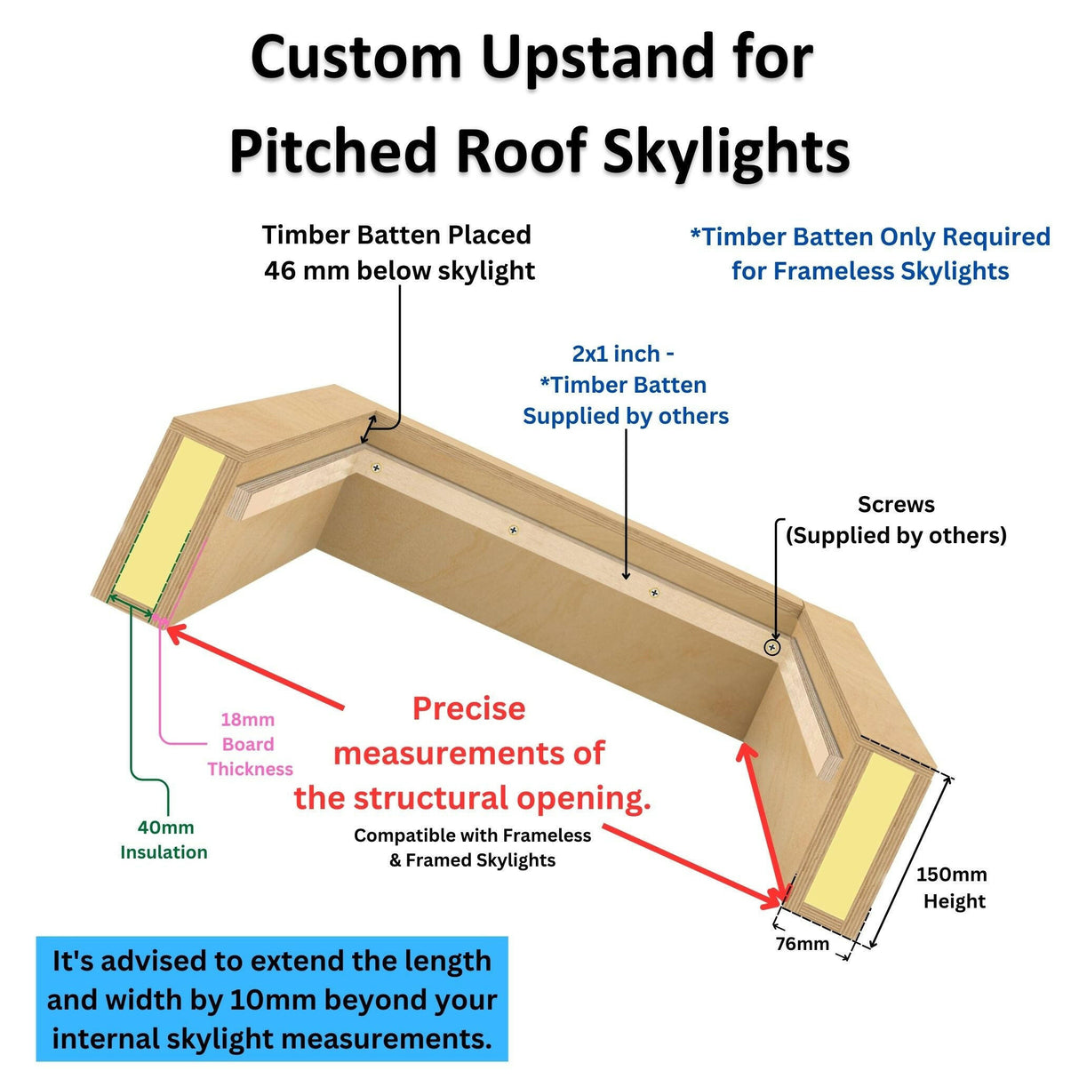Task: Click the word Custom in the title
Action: point(356,58)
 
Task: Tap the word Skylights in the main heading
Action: point(726,151)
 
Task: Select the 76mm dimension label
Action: point(802,943)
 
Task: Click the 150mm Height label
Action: point(952,887)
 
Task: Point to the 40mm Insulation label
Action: point(164,839)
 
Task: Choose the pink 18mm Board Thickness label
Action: point(248,744)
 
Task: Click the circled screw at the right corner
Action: point(772,647)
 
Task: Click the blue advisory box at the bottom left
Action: point(272,999)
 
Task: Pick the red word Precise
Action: point(468,708)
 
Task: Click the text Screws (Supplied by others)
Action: point(896,520)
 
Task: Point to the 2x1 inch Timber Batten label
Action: point(625,385)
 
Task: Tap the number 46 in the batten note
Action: point(281,270)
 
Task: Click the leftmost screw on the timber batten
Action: point(377,467)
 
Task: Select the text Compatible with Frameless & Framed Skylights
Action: point(472,847)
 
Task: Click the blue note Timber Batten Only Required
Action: point(870,253)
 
